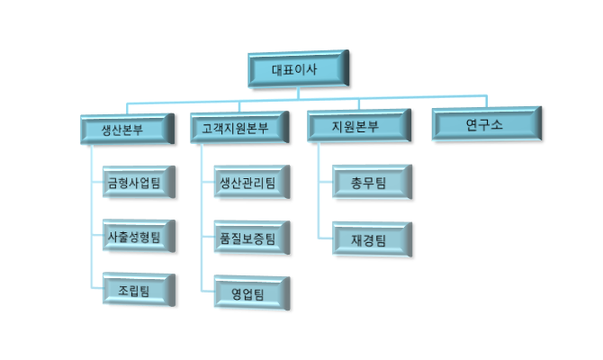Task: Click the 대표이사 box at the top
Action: point(297,69)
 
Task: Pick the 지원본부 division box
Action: point(354,126)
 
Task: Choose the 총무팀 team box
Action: point(370,183)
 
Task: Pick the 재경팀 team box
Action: point(370,238)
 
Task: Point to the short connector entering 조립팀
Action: point(96,289)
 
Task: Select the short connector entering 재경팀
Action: point(327,238)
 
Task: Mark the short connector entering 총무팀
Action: point(327,183)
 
